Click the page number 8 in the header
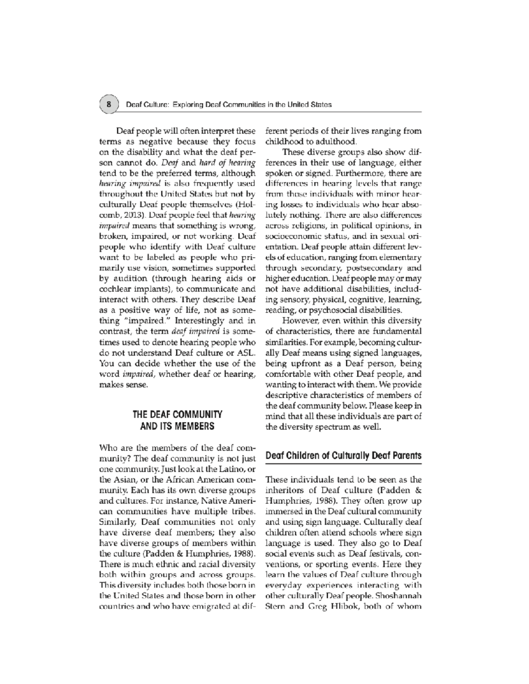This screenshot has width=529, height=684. tap(108, 105)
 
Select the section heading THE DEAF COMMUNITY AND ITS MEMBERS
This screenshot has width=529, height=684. tap(177, 420)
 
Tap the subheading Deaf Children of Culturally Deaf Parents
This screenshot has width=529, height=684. tap(343, 455)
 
